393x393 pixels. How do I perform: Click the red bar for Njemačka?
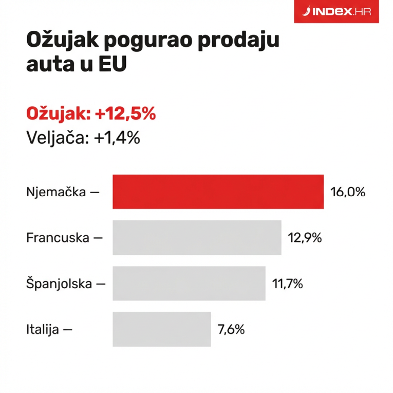pyautogui.click(x=218, y=192)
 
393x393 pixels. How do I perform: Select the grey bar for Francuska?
pyautogui.click(x=197, y=237)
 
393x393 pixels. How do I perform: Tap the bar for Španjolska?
pyautogui.click(x=189, y=283)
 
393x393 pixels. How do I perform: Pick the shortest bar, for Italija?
pyautogui.click(x=161, y=329)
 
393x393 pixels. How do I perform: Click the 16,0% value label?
pyautogui.click(x=347, y=192)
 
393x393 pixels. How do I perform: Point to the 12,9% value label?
pyautogui.click(x=305, y=238)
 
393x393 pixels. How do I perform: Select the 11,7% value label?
pyautogui.click(x=288, y=284)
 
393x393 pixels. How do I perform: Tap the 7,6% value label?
pyautogui.click(x=231, y=329)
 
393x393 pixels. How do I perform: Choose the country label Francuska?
pyautogui.click(x=58, y=238)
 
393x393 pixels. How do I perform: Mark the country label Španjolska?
pyautogui.click(x=59, y=284)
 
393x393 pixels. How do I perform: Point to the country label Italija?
pyautogui.click(x=43, y=329)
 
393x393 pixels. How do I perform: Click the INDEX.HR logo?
pyautogui.click(x=336, y=12)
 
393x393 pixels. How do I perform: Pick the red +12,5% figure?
pyautogui.click(x=124, y=114)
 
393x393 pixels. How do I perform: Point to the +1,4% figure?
pyautogui.click(x=117, y=137)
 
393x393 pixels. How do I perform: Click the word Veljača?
pyautogui.click(x=57, y=137)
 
